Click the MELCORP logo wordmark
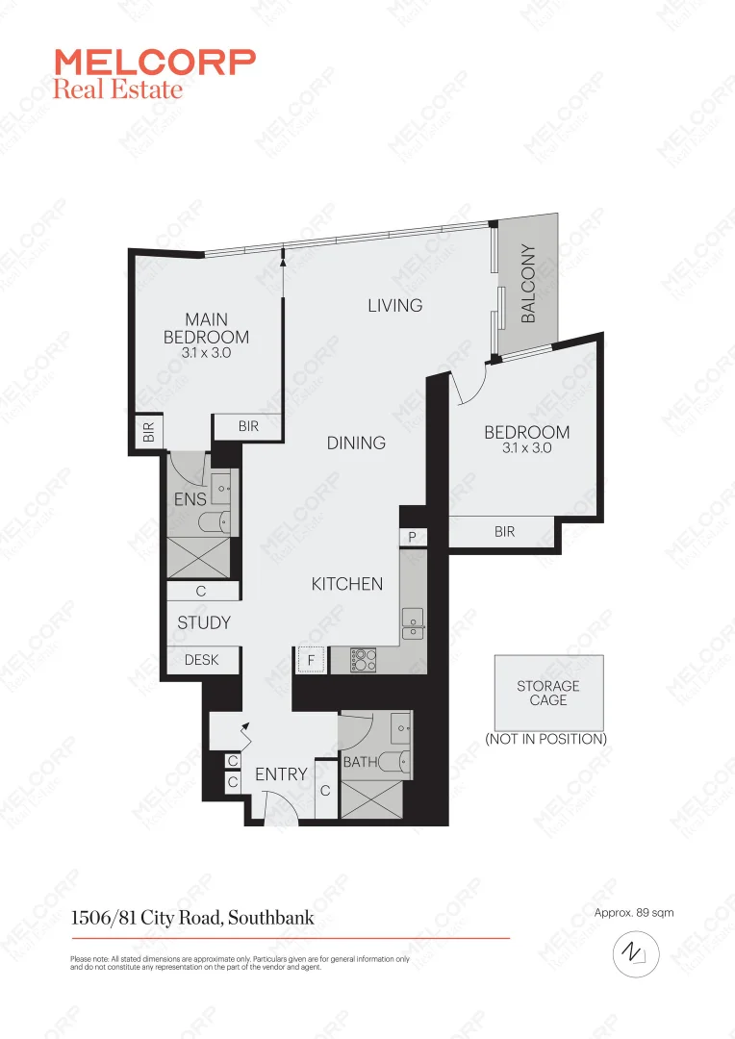pos(155,63)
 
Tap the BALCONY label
pos(528,284)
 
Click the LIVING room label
pos(394,305)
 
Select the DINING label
pos(356,443)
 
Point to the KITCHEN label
pos(347,584)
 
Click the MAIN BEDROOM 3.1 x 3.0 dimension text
pos(206,353)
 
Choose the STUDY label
pos(204,622)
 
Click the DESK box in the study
pos(201,660)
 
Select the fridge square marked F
pos(311,660)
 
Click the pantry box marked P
pos(412,538)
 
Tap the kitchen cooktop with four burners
pos(364,660)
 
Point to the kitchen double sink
pos(413,623)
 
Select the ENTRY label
pos(281,773)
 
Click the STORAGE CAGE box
pos(548,693)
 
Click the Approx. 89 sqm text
pos(633,912)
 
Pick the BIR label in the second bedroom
pos(504,532)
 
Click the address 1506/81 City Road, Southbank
pos(192,918)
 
